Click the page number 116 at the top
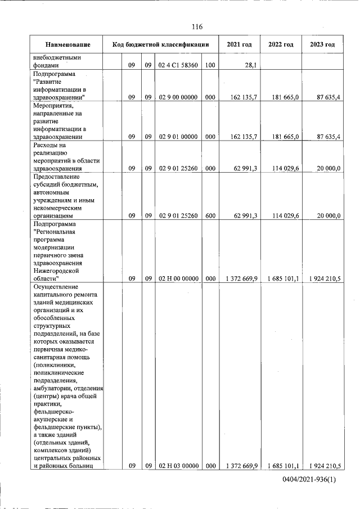pos(196,26)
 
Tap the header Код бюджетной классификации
pos(161,44)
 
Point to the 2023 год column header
pos(322,44)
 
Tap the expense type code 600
pos(210,215)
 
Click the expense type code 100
pos(210,65)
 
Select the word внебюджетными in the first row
pos(57,57)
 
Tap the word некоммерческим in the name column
pos(60,207)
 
